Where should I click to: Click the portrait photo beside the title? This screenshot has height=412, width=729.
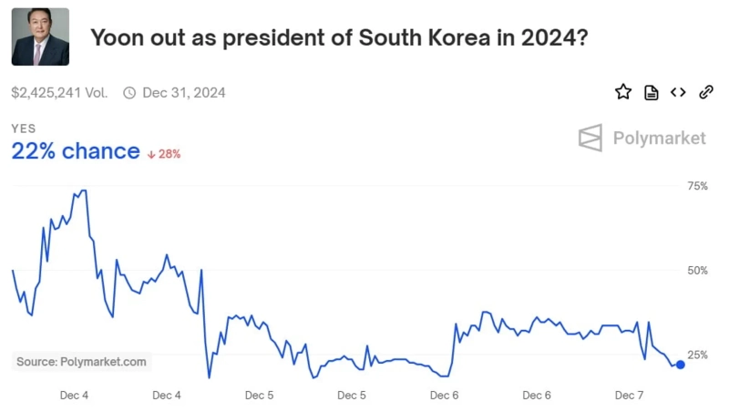point(40,36)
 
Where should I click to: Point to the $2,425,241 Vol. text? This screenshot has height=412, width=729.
point(59,92)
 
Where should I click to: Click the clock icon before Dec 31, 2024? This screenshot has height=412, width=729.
point(129,92)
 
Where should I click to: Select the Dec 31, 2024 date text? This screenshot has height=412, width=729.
point(184,92)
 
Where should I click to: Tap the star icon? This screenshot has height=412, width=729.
point(623,92)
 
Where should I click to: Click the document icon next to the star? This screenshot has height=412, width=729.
point(651,92)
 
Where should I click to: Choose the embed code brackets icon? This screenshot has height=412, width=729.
point(678,92)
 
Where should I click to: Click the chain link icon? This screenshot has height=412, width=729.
point(705,92)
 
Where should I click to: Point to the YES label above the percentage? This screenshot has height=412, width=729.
point(24,129)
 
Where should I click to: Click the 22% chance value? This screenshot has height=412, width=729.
point(76,151)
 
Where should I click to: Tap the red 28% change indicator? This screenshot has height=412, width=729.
point(164,154)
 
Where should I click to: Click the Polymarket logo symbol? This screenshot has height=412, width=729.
point(590,138)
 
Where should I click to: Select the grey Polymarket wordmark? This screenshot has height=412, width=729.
point(659,139)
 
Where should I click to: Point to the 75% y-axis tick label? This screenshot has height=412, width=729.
point(696,186)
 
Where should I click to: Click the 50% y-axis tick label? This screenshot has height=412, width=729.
point(696,271)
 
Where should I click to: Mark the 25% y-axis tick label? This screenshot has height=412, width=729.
point(696,355)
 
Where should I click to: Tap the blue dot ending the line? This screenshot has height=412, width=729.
point(680,365)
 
